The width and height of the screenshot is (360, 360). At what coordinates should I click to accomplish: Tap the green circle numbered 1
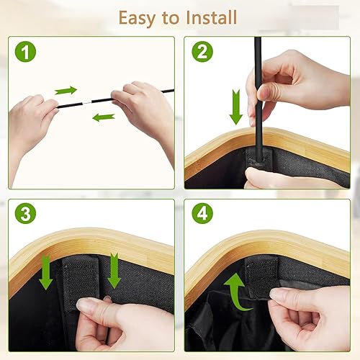tap(25, 52)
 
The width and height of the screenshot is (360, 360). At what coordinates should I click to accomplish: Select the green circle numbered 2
tap(202, 52)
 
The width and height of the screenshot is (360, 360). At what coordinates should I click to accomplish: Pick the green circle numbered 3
tap(25, 213)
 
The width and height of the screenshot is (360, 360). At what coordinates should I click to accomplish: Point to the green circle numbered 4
tap(202, 213)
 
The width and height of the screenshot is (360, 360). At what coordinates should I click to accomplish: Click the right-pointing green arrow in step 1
tap(66, 91)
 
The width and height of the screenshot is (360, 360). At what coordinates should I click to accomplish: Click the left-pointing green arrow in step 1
tap(104, 117)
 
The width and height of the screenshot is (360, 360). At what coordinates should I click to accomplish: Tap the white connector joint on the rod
tap(87, 103)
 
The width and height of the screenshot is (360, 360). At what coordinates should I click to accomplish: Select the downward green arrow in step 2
tap(236, 107)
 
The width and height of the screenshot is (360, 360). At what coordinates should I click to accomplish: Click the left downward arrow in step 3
tap(45, 272)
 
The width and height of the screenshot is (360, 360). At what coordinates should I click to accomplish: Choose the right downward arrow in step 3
tap(114, 271)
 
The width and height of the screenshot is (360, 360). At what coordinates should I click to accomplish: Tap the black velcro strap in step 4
tap(262, 276)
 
